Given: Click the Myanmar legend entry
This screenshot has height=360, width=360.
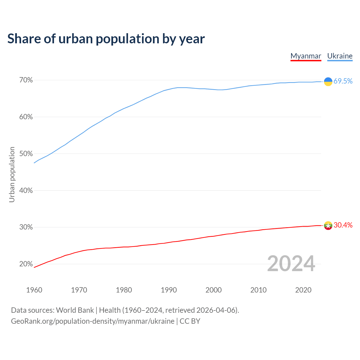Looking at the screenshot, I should pyautogui.click(x=306, y=56).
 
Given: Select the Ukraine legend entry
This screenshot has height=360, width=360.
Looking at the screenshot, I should pyautogui.click(x=340, y=56).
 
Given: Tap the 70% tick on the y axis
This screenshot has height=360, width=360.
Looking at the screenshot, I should pyautogui.click(x=26, y=80).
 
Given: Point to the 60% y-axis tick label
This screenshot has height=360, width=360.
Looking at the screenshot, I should pyautogui.click(x=26, y=117).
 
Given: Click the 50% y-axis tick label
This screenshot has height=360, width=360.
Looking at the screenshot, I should pyautogui.click(x=26, y=154).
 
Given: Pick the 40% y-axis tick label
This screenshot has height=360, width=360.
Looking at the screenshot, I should pyautogui.click(x=26, y=190).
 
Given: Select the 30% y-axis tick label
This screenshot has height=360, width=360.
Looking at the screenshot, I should pyautogui.click(x=26, y=227).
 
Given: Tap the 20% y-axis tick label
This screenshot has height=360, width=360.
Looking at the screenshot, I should pyautogui.click(x=26, y=264).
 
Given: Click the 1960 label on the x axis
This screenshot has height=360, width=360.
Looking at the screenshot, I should pyautogui.click(x=34, y=290).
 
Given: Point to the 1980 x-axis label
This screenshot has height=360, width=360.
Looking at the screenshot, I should pyautogui.click(x=124, y=290).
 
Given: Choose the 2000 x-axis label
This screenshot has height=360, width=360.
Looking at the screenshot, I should pyautogui.click(x=214, y=290).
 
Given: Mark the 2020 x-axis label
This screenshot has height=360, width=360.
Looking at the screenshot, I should pyautogui.click(x=303, y=290).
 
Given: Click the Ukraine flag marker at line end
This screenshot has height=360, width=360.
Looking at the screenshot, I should pyautogui.click(x=328, y=82).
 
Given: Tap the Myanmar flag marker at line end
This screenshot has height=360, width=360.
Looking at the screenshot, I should pyautogui.click(x=328, y=226).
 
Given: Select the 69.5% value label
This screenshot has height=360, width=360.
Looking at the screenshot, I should pyautogui.click(x=343, y=81).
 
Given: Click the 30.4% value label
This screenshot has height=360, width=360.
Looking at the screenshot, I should pyautogui.click(x=343, y=225).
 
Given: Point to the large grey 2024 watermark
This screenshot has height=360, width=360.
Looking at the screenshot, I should pyautogui.click(x=291, y=264).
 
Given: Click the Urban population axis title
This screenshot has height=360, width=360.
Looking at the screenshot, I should pyautogui.click(x=12, y=174).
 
